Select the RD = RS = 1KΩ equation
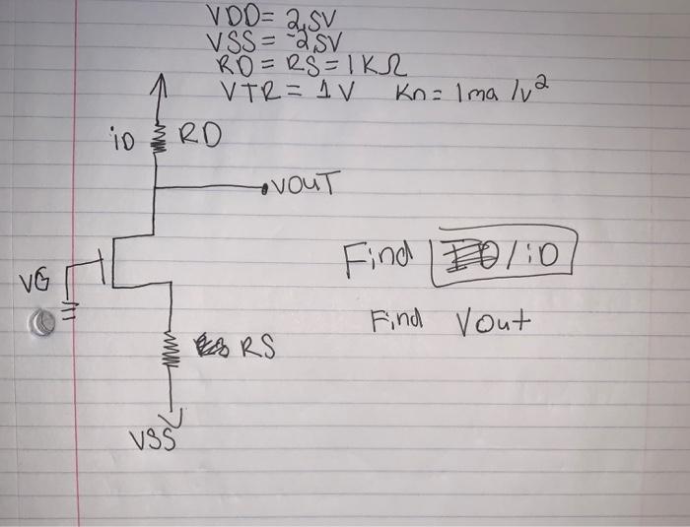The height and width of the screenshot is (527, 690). (309, 67)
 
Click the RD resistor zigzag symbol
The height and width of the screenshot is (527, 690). (154, 135)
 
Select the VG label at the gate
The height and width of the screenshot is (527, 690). (29, 283)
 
